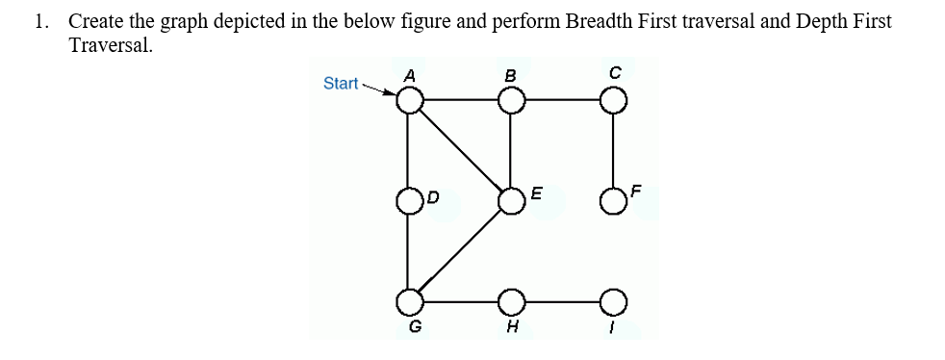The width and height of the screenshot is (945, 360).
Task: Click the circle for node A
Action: tap(411, 100)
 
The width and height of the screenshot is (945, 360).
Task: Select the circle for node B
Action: tap(511, 100)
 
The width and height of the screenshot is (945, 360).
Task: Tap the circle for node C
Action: tap(612, 100)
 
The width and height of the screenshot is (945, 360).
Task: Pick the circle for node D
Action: tap(411, 201)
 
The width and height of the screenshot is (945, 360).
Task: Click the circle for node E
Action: tap(511, 201)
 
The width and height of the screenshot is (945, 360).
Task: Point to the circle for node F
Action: tap(612, 201)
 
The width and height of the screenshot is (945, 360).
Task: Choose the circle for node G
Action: tap(411, 301)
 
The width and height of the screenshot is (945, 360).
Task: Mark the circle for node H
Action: tap(511, 301)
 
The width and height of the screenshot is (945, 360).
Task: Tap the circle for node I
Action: tap(612, 301)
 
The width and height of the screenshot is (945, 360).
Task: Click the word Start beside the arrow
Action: tap(341, 84)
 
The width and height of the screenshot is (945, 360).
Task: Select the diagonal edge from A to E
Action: tap(461, 150)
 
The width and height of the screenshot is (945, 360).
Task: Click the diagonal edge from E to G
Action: tap(461, 251)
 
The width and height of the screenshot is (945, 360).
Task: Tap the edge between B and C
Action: tap(561, 100)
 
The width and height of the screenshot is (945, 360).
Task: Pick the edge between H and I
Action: tap(561, 301)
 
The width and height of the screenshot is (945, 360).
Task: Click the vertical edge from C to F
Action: tap(612, 150)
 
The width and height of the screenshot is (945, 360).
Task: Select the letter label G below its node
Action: tap(415, 326)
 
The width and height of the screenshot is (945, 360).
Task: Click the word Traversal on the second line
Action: tap(111, 45)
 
